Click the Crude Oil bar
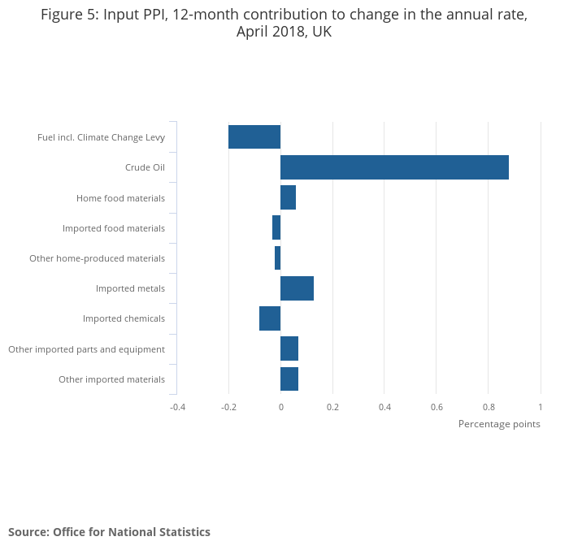(x=394, y=167)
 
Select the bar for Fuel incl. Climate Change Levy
(x=254, y=137)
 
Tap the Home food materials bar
(x=288, y=197)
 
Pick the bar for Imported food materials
(x=276, y=227)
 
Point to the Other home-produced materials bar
(x=277, y=258)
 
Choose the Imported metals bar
(x=297, y=288)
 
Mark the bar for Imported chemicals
(x=270, y=318)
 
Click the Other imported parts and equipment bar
(x=289, y=348)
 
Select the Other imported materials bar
(x=289, y=379)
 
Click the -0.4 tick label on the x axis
(x=177, y=406)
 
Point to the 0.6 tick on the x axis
(x=437, y=406)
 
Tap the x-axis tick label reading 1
(x=540, y=406)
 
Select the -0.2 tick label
(x=228, y=406)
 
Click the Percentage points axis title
(x=498, y=424)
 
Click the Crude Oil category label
(x=145, y=167)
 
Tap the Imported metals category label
(x=130, y=288)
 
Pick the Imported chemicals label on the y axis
(x=124, y=318)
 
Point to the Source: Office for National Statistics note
(x=109, y=532)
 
